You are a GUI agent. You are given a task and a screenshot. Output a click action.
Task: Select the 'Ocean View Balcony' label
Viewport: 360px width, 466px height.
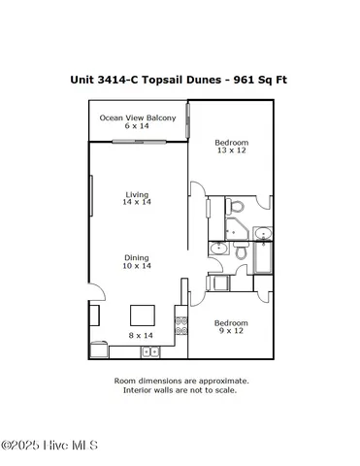(x=138, y=118)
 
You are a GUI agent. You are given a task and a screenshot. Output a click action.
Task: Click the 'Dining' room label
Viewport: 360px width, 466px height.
(x=137, y=256)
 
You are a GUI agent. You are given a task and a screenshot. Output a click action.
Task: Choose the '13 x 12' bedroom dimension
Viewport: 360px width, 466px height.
(x=231, y=150)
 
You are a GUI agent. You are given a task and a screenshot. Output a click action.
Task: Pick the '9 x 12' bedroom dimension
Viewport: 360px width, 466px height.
(x=231, y=331)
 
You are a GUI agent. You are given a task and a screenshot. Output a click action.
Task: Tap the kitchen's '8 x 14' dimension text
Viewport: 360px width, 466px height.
(x=143, y=335)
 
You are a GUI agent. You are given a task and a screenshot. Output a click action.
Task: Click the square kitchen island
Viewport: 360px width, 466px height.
(x=144, y=315)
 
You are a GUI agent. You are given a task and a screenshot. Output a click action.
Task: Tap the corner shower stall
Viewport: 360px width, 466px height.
(x=236, y=228)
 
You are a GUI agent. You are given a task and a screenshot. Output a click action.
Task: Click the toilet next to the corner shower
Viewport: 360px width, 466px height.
(x=235, y=206)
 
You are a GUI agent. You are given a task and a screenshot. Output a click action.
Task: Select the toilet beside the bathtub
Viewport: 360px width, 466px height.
(x=216, y=250)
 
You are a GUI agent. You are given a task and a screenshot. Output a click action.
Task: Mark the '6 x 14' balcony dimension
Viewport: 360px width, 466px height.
(x=138, y=127)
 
